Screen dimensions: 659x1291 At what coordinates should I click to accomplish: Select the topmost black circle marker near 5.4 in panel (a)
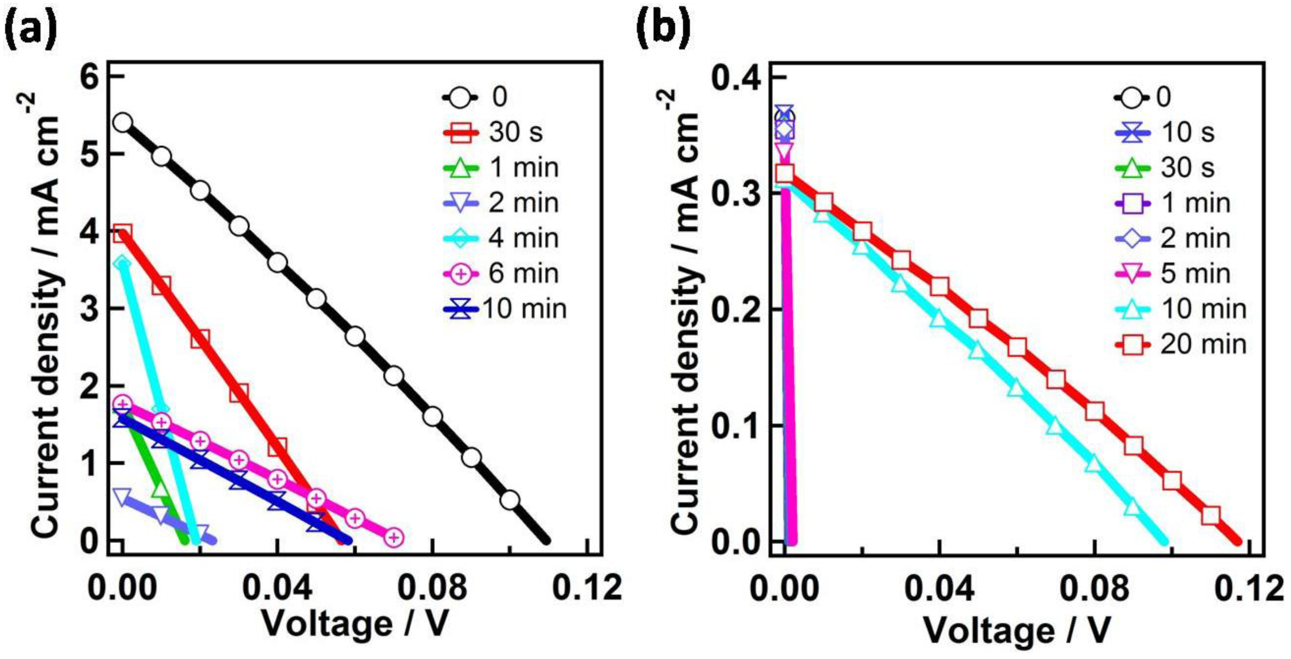tap(123, 122)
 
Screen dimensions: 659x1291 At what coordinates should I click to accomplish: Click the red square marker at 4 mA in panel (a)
tap(123, 233)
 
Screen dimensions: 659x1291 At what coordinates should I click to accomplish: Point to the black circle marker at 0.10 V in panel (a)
tap(510, 500)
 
